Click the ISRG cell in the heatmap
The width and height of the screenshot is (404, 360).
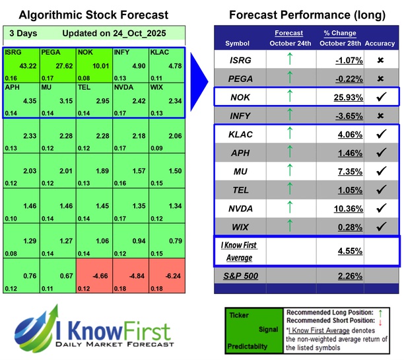pyautogui.click(x=21, y=64)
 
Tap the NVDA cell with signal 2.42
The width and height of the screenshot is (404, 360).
pyautogui.click(x=129, y=100)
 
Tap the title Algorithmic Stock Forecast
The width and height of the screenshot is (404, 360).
pyautogui.click(x=94, y=15)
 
